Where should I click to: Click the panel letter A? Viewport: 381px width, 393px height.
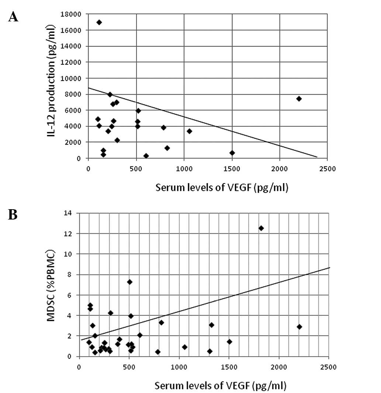click(x=13, y=17)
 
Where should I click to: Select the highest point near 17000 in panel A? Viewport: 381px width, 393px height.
click(x=99, y=22)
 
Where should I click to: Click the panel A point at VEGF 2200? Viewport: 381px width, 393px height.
click(x=299, y=99)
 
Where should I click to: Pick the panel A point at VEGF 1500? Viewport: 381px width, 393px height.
click(x=232, y=153)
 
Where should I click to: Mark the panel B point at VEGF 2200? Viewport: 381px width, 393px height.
click(x=299, y=327)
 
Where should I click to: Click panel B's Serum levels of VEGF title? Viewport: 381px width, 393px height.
click(x=221, y=386)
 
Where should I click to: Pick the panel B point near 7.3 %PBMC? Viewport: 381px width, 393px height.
click(x=129, y=282)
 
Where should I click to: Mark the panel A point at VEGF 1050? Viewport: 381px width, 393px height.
click(x=189, y=131)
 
